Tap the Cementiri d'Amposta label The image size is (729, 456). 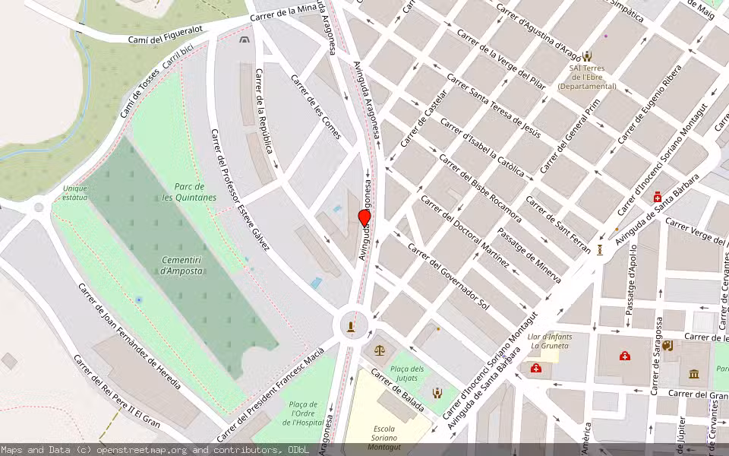[x=182, y=265]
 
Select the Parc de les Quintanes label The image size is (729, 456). [x=189, y=192]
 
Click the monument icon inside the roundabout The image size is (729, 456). [x=351, y=327]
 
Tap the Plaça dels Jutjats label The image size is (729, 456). [x=407, y=373]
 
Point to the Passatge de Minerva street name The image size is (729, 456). [x=529, y=255]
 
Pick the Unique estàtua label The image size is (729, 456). [x=75, y=192]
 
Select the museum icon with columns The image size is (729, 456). [x=694, y=373]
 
